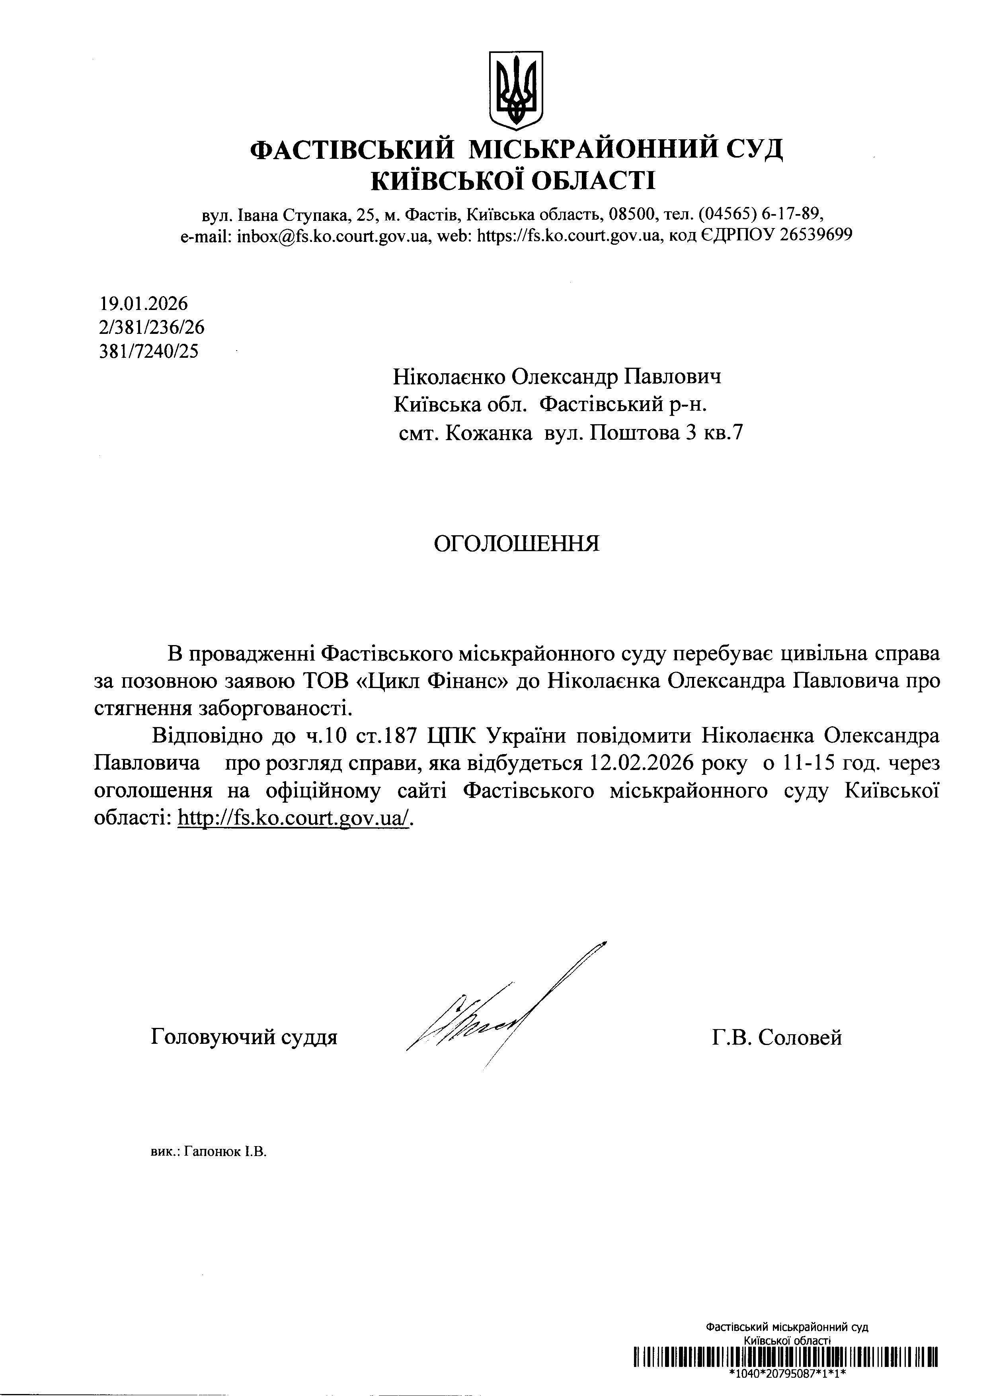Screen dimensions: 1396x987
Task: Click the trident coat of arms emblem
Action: coord(516,90)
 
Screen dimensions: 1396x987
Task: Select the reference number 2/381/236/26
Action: coord(151,328)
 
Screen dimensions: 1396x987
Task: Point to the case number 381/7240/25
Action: coord(148,351)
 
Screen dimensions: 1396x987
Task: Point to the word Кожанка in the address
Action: coord(488,433)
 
